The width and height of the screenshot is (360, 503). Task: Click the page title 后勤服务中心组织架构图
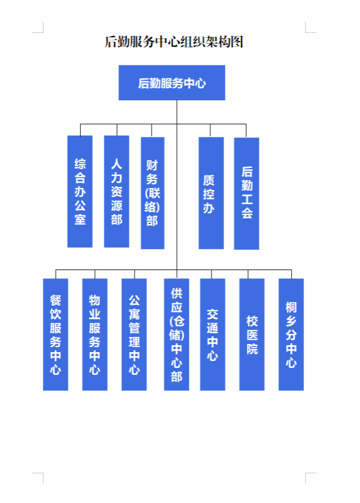click(174, 42)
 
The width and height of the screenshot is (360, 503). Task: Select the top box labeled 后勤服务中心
click(172, 83)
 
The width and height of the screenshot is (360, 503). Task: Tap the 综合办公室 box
click(80, 191)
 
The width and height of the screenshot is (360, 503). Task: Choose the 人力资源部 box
click(117, 191)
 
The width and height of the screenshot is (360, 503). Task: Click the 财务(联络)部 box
click(153, 193)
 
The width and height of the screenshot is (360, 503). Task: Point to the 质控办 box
click(211, 193)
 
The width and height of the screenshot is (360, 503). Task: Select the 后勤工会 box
click(246, 193)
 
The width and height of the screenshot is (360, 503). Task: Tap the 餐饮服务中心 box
click(56, 334)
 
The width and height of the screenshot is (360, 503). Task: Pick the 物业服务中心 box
click(95, 334)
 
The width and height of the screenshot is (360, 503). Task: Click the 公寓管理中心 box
click(135, 334)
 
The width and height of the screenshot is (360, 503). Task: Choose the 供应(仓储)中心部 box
click(177, 334)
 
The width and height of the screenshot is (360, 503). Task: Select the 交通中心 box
click(213, 334)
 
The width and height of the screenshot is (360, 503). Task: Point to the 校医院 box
click(252, 334)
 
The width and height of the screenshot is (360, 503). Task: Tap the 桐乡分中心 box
click(291, 334)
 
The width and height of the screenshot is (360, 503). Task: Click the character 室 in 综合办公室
click(80, 220)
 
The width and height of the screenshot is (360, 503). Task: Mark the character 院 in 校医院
click(252, 349)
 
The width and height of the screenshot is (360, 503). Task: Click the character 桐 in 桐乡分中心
click(291, 307)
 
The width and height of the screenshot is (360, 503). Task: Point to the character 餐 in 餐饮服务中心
click(56, 300)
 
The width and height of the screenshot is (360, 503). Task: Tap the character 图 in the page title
click(237, 42)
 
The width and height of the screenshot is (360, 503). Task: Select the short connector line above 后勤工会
click(246, 131)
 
